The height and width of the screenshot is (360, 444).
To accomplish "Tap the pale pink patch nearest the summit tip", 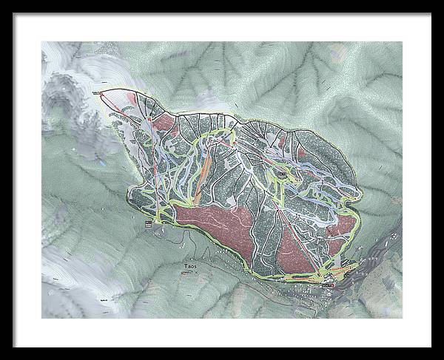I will pyautogui.click(x=132, y=97).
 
